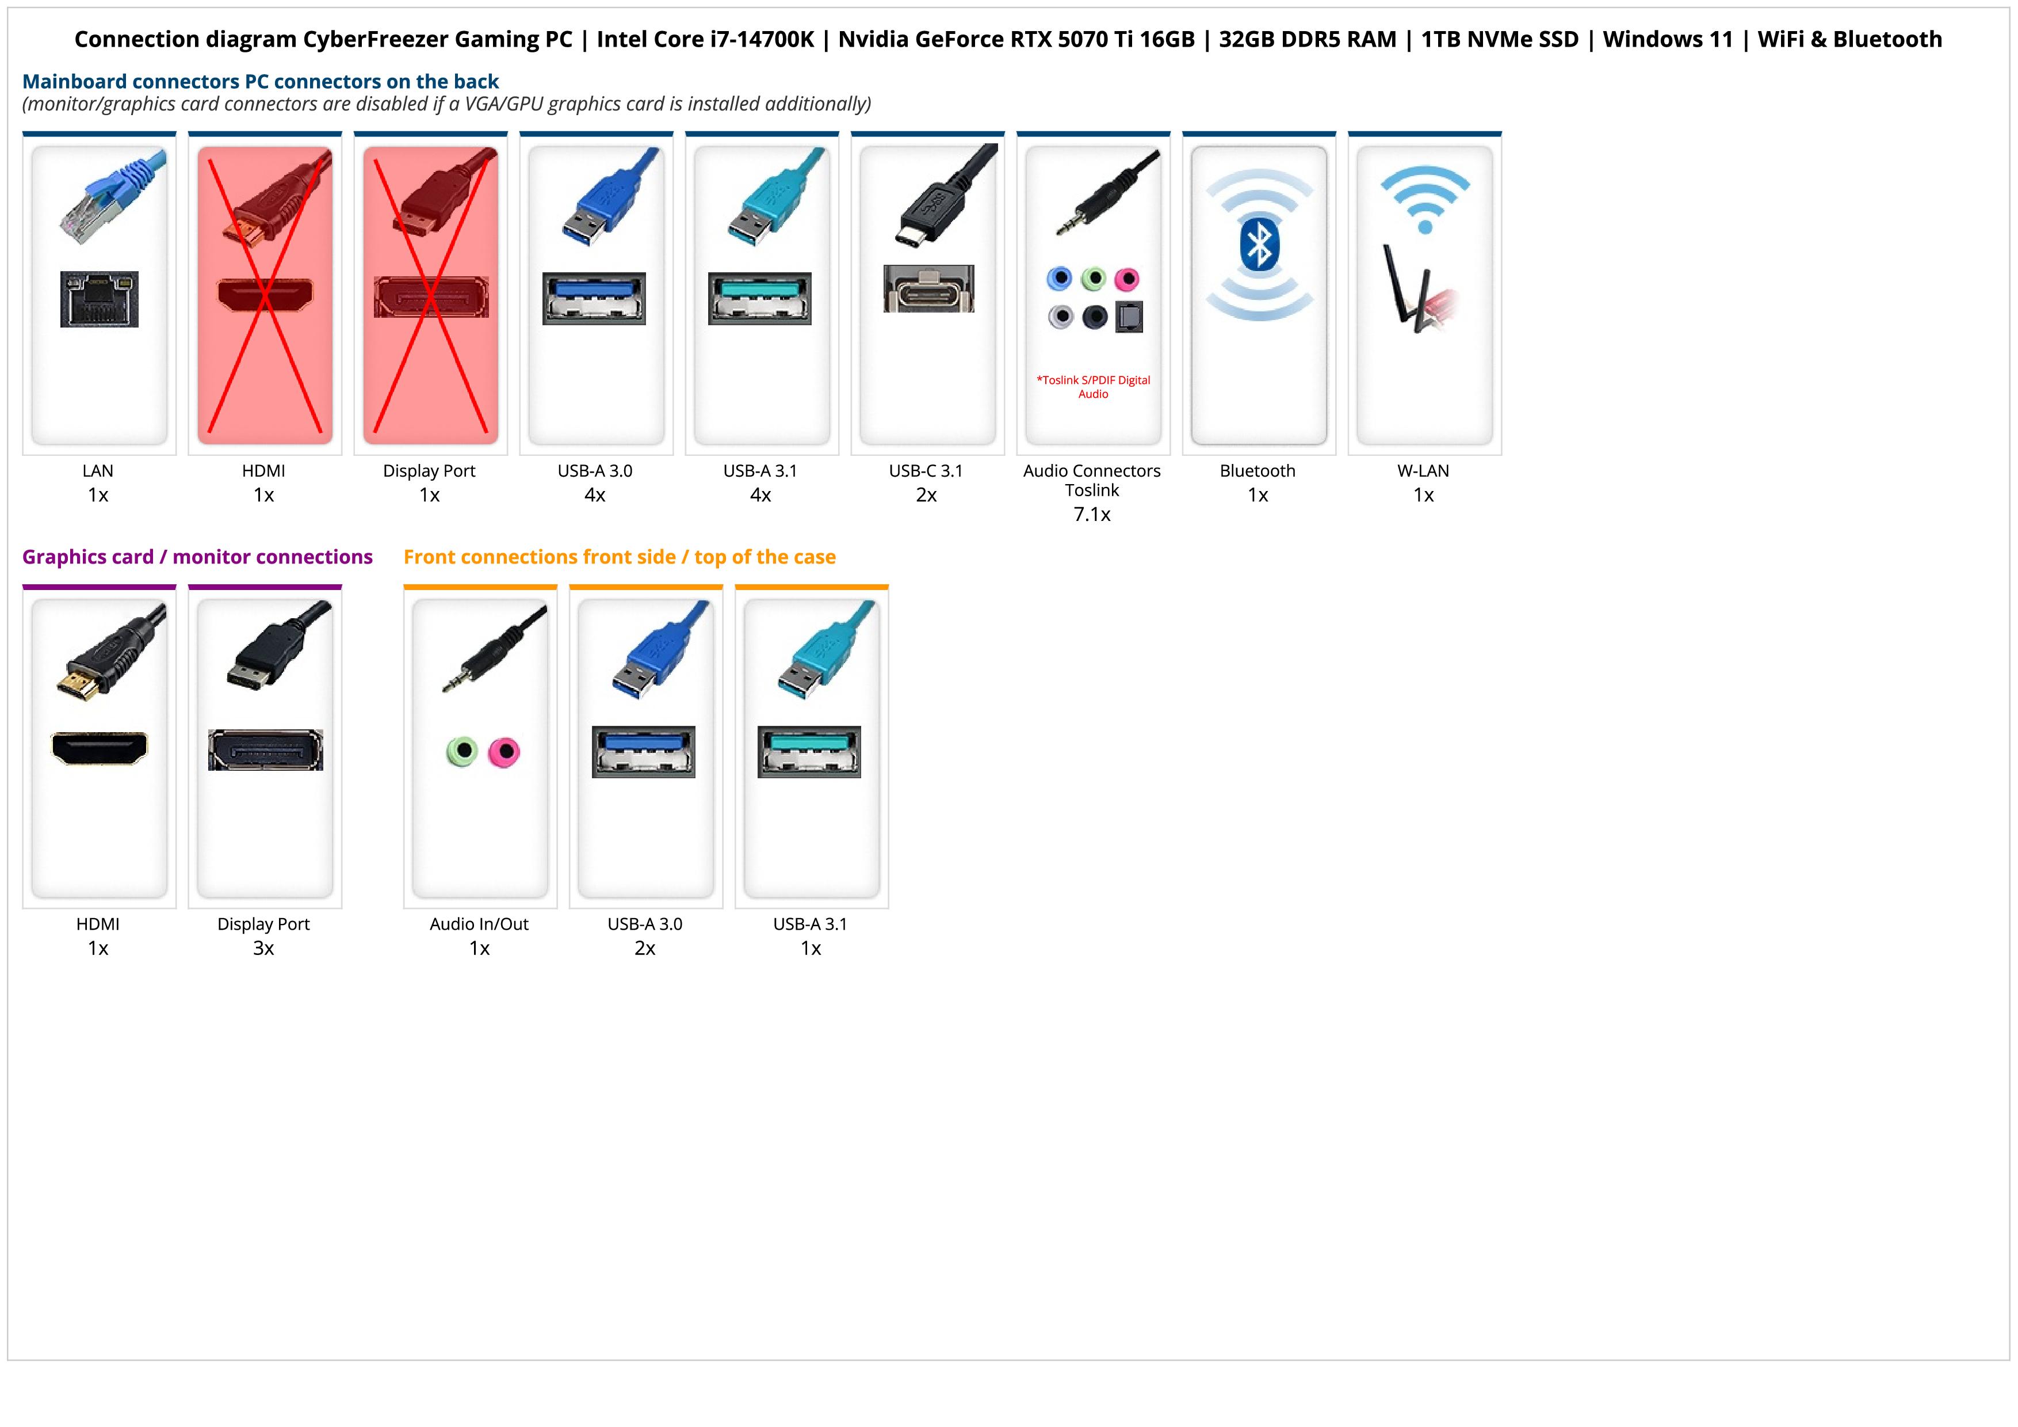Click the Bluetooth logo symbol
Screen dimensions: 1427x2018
pos(1259,245)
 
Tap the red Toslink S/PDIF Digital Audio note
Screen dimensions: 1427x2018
pos(1092,387)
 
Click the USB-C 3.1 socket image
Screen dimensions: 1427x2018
pos(928,288)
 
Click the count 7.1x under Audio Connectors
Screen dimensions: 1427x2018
pos(1092,515)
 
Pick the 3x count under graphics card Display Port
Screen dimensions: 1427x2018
pos(263,948)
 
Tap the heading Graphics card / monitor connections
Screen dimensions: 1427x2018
pos(197,557)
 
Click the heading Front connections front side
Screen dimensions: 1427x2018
pos(619,557)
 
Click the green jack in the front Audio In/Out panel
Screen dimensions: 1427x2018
pos(463,752)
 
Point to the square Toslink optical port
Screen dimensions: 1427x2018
pos(1129,317)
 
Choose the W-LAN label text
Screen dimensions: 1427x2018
pos(1423,470)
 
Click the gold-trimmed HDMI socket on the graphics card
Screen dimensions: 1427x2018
pos(100,748)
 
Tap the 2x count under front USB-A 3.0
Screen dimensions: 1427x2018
pos(644,948)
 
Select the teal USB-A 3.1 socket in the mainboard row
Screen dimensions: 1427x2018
pos(760,299)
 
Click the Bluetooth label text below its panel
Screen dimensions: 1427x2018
pos(1258,470)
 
